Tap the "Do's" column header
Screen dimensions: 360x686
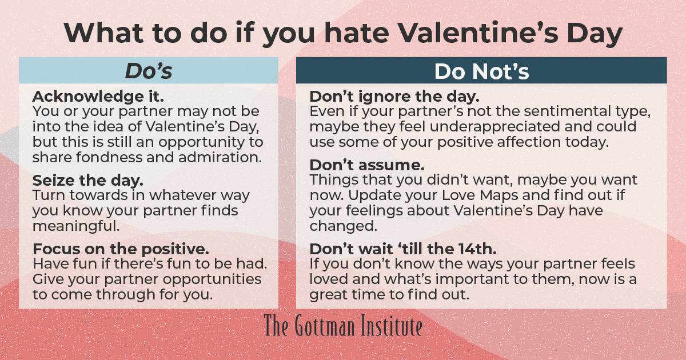pos(149,71)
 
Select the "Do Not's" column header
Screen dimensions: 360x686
pos(481,71)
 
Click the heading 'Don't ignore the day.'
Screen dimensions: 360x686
pos(394,95)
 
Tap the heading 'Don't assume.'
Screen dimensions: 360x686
pos(367,165)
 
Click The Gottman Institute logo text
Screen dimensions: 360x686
pos(343,326)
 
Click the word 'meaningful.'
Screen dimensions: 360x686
pos(77,225)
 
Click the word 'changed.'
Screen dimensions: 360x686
pos(344,225)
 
